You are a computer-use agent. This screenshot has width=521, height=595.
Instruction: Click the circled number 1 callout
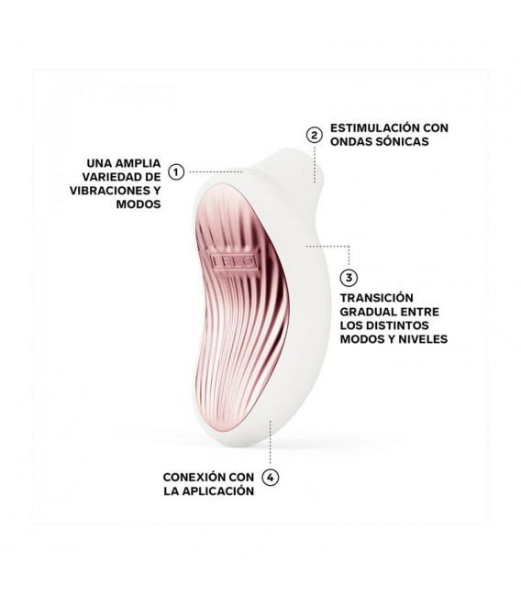tap(176, 171)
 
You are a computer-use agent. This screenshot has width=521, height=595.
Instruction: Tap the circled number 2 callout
tap(314, 135)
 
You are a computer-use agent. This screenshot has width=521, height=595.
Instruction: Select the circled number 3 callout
tap(349, 278)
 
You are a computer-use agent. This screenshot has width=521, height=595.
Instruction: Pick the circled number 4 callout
tap(270, 477)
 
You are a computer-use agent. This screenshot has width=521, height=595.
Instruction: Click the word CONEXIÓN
tap(192, 477)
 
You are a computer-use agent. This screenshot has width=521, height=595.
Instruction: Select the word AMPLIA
tap(138, 163)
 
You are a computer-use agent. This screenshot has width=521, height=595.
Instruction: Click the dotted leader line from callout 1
tap(216, 171)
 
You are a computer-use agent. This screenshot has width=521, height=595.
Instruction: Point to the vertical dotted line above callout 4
tap(270, 442)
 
